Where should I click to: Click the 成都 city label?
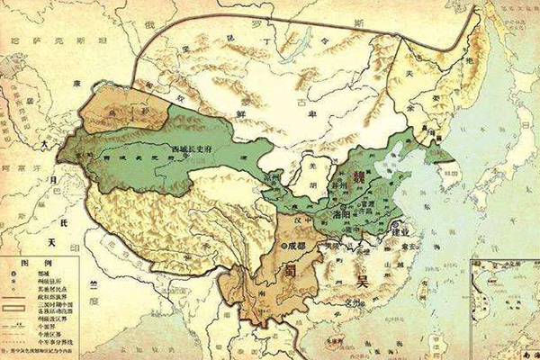click(301, 243)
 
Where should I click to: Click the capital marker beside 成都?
click(283, 244)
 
